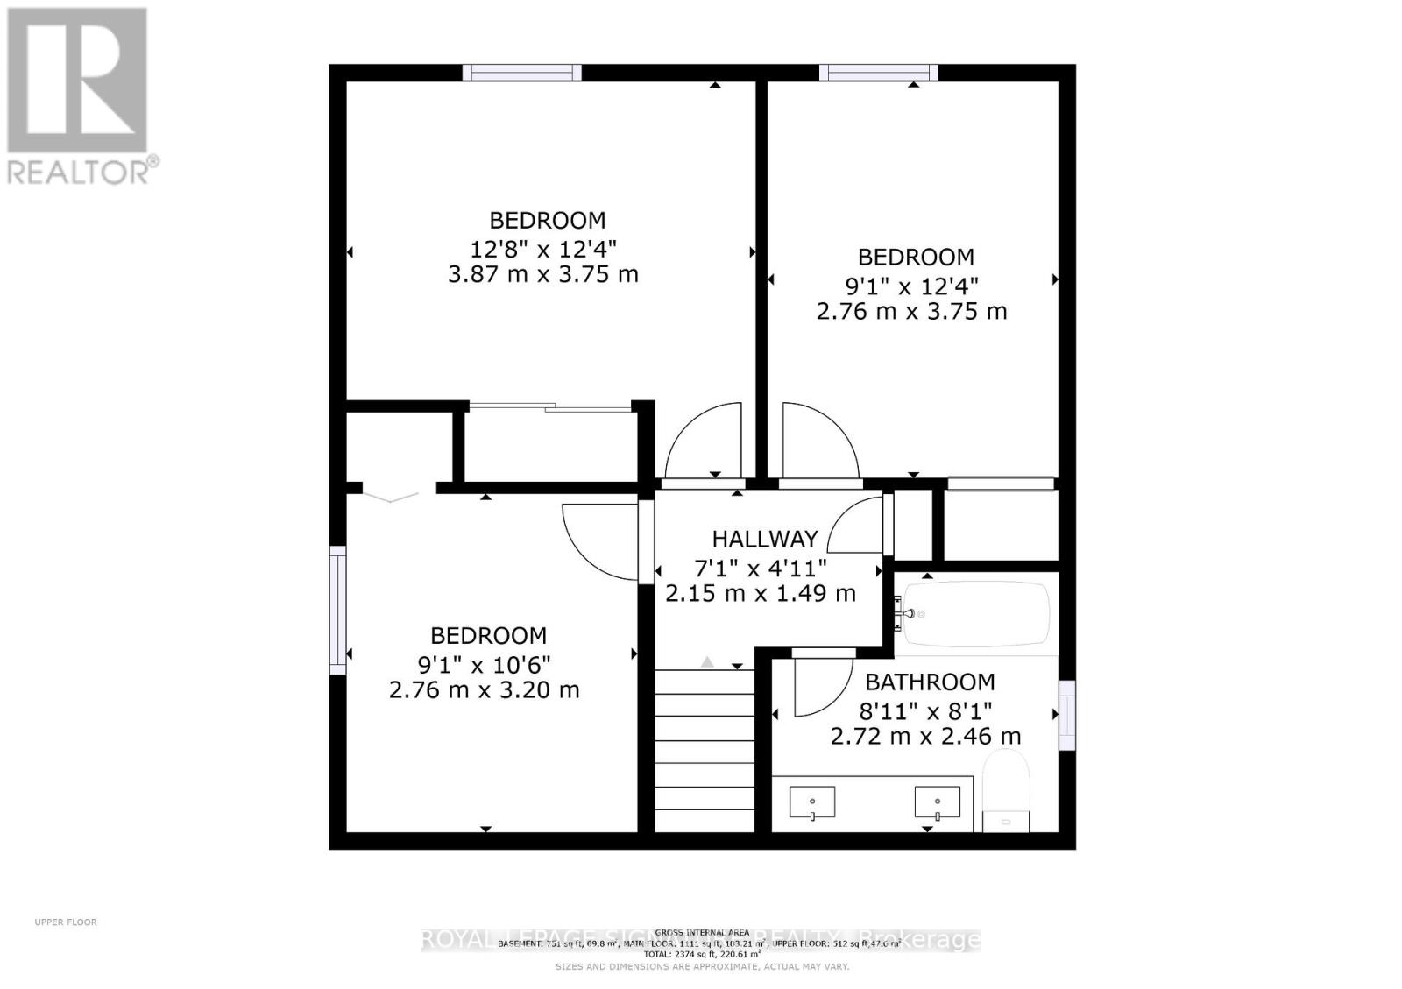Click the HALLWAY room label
point(764,539)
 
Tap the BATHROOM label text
point(930,682)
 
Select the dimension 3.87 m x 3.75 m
point(542,274)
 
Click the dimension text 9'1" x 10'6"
point(485,663)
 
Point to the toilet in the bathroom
point(1006,793)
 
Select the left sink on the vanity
point(812,802)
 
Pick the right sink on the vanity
point(937,802)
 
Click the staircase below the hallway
point(705,749)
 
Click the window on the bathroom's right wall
point(1066,715)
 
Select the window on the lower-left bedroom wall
point(337,610)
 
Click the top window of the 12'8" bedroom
point(522,73)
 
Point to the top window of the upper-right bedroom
point(879,73)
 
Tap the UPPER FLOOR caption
point(66,922)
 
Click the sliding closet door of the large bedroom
point(549,406)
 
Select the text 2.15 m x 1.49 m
point(760,593)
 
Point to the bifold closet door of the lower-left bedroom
point(392,497)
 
